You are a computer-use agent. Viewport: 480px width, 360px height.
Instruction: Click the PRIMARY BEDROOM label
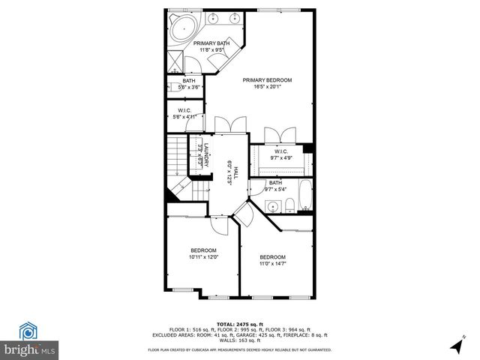pos(267,80)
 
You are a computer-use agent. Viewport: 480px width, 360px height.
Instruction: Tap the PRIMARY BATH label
pos(211,43)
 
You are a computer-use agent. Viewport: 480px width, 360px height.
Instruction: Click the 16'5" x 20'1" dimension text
pos(267,88)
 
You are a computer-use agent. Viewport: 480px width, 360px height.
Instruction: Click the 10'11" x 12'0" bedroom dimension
pos(203,258)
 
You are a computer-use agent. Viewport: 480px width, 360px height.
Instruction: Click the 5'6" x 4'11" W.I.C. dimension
pos(184,117)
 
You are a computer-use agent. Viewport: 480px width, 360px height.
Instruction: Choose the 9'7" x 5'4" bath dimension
pos(275,190)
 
